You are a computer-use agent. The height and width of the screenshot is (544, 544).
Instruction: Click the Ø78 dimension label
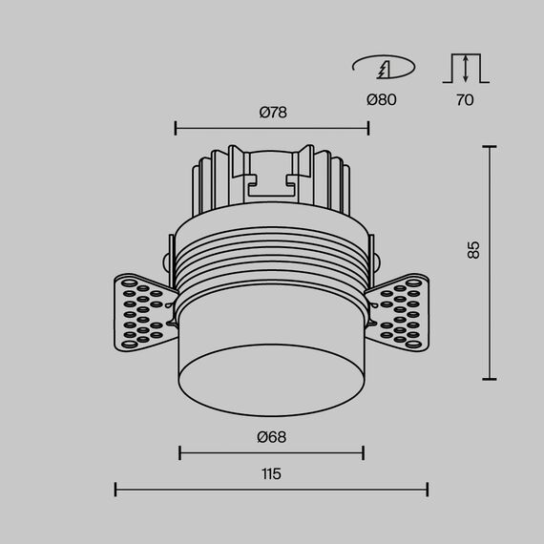click(x=272, y=112)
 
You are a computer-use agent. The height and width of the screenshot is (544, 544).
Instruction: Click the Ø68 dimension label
click(x=272, y=437)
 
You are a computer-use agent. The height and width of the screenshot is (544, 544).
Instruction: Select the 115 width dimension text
click(x=272, y=473)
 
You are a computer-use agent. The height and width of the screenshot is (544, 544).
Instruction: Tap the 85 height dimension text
click(x=473, y=250)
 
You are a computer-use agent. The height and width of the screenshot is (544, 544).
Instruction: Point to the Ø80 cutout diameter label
click(x=382, y=99)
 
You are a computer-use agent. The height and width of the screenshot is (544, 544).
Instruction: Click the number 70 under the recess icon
click(x=464, y=99)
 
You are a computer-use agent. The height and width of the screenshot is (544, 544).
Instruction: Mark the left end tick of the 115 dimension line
click(x=115, y=490)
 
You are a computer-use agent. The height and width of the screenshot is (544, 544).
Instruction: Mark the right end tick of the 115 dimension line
click(x=428, y=490)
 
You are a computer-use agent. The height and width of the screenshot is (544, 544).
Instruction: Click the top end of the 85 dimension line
click(x=490, y=147)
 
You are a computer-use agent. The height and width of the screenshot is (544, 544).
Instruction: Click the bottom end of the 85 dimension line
click(x=490, y=379)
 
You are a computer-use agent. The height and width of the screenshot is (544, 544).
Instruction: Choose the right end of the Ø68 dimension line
click(x=364, y=452)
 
